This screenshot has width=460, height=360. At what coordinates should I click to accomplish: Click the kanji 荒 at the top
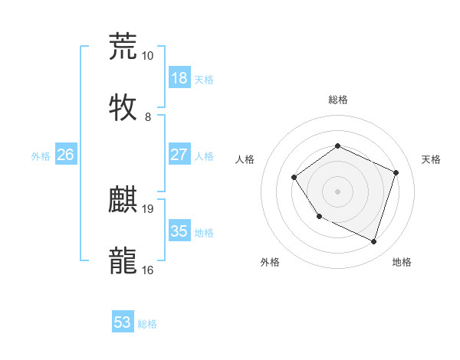pyautogui.click(x=123, y=46)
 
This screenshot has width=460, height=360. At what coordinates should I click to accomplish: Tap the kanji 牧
pyautogui.click(x=123, y=106)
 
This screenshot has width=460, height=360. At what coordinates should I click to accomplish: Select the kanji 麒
pyautogui.click(x=123, y=200)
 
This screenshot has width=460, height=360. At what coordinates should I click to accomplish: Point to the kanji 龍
pyautogui.click(x=123, y=260)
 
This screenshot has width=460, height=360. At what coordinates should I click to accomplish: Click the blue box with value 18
pyautogui.click(x=179, y=78)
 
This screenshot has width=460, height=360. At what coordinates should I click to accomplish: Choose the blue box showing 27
pyautogui.click(x=179, y=155)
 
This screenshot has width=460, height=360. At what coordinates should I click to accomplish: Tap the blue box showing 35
pyautogui.click(x=179, y=231)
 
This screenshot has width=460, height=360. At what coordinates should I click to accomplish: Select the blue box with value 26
pyautogui.click(x=65, y=155)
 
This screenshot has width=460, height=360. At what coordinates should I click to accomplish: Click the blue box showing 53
pyautogui.click(x=123, y=322)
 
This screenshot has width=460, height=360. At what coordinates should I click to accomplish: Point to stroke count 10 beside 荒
pyautogui.click(x=148, y=56)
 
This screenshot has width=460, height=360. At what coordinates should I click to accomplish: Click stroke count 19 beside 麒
pyautogui.click(x=148, y=208)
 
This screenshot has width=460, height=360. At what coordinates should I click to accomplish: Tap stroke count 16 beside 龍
pyautogui.click(x=148, y=270)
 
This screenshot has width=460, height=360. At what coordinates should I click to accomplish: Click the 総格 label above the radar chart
pyautogui.click(x=337, y=100)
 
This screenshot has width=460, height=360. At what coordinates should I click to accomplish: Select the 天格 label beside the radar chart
pyautogui.click(x=431, y=159)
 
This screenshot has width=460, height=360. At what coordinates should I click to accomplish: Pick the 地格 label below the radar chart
pyautogui.click(x=402, y=262)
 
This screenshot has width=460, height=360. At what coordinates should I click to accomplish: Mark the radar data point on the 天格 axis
pyautogui.click(x=396, y=172)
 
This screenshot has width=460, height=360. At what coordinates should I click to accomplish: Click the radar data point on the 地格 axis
pyautogui.click(x=374, y=242)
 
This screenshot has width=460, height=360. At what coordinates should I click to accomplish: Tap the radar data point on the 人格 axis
pyautogui.click(x=294, y=178)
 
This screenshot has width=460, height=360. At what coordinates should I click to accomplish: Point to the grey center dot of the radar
pyautogui.click(x=337, y=191)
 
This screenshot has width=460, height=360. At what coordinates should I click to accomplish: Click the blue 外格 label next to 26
pyautogui.click(x=41, y=155)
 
